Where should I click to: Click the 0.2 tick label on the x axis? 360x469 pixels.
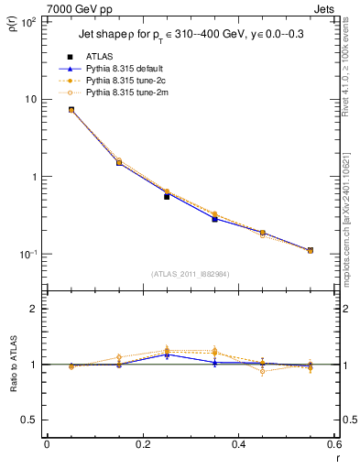click(x=143, y=445)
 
